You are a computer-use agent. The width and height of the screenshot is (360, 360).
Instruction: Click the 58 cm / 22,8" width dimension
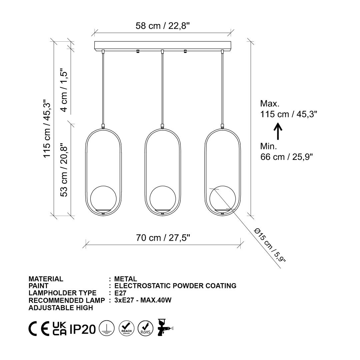pyautogui.click(x=163, y=26)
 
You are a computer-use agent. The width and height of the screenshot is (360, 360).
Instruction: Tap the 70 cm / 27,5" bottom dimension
pyautogui.click(x=163, y=238)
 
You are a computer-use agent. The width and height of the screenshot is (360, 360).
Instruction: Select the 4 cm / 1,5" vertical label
pyautogui.click(x=64, y=90)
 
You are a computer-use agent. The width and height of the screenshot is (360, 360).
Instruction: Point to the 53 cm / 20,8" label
pyautogui.click(x=64, y=170)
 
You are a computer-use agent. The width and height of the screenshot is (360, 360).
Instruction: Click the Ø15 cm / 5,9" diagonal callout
pyautogui.click(x=270, y=245)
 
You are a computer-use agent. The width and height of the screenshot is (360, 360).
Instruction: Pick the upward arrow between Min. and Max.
pyautogui.click(x=278, y=131)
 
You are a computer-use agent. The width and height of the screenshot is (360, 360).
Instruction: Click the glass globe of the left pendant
pyautogui.click(x=103, y=199)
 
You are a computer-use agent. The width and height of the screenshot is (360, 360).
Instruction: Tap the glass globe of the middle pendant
pyautogui.click(x=163, y=199)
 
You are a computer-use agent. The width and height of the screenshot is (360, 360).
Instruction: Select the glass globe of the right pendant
pyautogui.click(x=223, y=199)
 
